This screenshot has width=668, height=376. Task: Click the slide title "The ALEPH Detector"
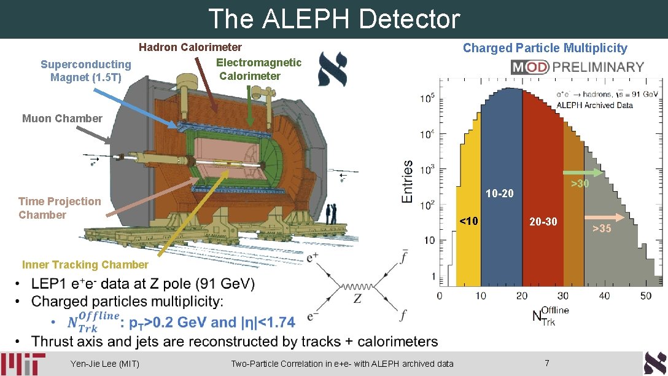pyautogui.click(x=334, y=19)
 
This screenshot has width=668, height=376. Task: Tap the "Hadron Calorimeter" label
pyautogui.click(x=190, y=47)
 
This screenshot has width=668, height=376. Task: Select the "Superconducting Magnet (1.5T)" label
pyautogui.click(x=86, y=71)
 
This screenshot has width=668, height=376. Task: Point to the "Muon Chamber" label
pyautogui.click(x=53, y=118)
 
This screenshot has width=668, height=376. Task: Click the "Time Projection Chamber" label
pyautogui.click(x=60, y=208)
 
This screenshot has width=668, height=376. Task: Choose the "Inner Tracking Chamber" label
pyautogui.click(x=85, y=265)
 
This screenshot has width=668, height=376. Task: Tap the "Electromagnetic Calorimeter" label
pyautogui.click(x=258, y=69)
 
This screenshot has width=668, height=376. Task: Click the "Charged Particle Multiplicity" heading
pyautogui.click(x=545, y=48)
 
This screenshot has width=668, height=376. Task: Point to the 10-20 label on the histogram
pyautogui.click(x=499, y=194)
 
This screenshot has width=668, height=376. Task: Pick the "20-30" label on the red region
pyautogui.click(x=543, y=221)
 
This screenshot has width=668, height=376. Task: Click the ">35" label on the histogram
pyautogui.click(x=602, y=229)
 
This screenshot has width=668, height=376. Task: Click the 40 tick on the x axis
pyautogui.click(x=605, y=296)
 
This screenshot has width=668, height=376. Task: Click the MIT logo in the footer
pyautogui.click(x=23, y=364)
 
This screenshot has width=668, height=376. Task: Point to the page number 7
pyautogui.click(x=547, y=363)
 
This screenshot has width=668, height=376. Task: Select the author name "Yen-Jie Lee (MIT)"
pyautogui.click(x=105, y=364)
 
